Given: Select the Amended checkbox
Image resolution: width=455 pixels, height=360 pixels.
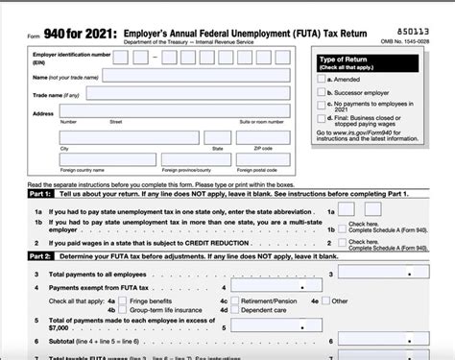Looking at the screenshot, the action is pyautogui.click(x=322, y=80).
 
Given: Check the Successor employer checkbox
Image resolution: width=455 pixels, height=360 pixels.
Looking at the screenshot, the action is pyautogui.click(x=322, y=91).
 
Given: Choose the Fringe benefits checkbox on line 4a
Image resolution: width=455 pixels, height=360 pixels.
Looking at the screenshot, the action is pyautogui.click(x=124, y=300).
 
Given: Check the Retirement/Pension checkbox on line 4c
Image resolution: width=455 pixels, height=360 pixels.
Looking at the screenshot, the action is pyautogui.click(x=237, y=300).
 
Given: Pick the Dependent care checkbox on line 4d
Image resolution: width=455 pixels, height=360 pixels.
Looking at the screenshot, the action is pyautogui.click(x=237, y=310).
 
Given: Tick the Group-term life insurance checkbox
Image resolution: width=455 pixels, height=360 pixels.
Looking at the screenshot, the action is pyautogui.click(x=124, y=310).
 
